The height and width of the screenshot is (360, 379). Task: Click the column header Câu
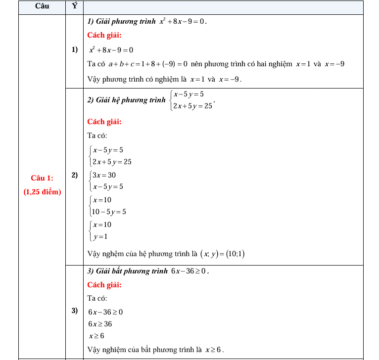click(42, 6)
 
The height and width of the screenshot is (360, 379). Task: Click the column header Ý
click(75, 6)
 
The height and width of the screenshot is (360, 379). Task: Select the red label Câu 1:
click(42, 178)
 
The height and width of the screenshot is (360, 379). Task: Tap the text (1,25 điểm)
click(42, 191)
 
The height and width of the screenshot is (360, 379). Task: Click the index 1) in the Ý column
click(75, 49)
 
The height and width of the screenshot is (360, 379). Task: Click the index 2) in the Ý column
click(75, 175)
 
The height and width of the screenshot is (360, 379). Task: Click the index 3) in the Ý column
click(75, 311)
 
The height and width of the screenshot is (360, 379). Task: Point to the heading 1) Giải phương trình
click(121, 22)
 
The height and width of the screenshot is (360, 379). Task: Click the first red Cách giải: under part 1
click(104, 35)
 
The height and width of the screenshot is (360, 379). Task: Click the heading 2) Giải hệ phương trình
click(126, 100)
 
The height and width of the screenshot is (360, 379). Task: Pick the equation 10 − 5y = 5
click(109, 212)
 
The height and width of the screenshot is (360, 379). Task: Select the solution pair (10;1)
click(235, 254)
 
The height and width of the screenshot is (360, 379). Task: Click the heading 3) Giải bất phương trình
click(127, 271)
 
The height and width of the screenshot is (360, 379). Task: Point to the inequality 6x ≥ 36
click(100, 324)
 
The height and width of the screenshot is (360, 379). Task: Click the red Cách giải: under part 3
click(104, 285)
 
